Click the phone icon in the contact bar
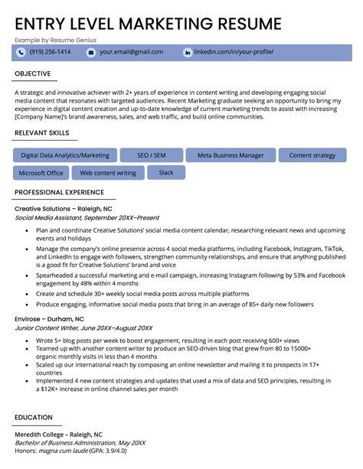tap(21, 52)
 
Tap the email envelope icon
tap(91, 52)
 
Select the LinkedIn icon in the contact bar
tap(188, 52)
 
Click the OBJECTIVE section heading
tap(33, 73)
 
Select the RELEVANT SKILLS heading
tap(45, 134)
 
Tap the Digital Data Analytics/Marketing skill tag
tap(65, 155)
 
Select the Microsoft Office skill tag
tap(41, 173)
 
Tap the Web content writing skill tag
tap(107, 173)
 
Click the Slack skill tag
tap(166, 173)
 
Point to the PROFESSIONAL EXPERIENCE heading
tap(60, 192)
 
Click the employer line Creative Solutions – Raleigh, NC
tap(64, 208)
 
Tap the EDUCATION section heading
tap(34, 417)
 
